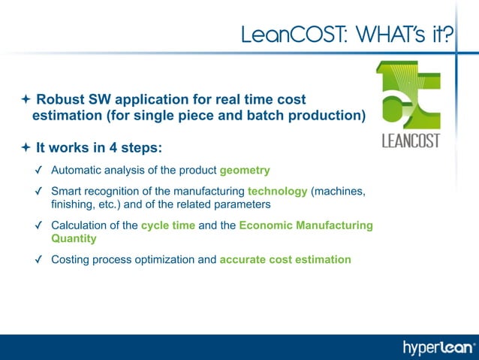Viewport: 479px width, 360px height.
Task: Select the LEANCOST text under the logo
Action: pos(411,141)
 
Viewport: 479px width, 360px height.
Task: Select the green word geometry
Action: pos(245,170)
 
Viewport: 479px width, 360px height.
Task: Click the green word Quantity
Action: pos(74,238)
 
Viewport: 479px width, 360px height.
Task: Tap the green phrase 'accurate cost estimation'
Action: pos(285,259)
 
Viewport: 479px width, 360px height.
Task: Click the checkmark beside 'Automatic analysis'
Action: pos(38,171)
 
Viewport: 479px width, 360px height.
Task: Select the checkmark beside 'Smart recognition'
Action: pos(38,192)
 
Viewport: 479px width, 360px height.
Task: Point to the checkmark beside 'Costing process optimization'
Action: pos(38,260)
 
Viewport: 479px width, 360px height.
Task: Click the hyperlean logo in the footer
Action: pos(439,347)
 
